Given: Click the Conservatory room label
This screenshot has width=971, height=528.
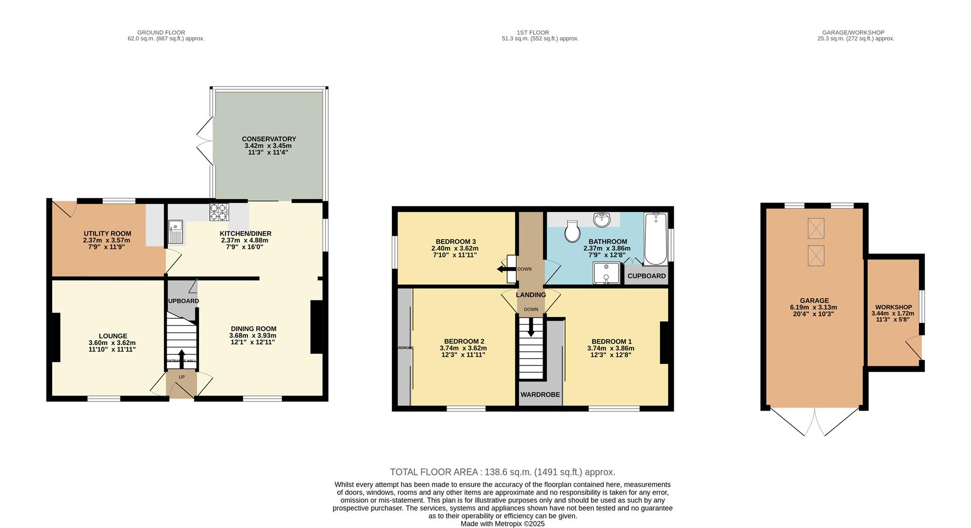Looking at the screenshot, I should pyautogui.click(x=269, y=139).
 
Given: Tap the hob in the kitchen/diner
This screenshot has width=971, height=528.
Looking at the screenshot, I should pyautogui.click(x=219, y=212).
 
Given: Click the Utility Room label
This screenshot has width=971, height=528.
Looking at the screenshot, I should pyautogui.click(x=107, y=234).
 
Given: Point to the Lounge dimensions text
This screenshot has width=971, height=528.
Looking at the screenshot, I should pyautogui.click(x=112, y=346).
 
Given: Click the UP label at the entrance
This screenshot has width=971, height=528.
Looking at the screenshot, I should pyautogui.click(x=182, y=377).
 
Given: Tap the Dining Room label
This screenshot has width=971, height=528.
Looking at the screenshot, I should pyautogui.click(x=253, y=328).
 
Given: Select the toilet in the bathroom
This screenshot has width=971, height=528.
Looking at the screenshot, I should pyautogui.click(x=573, y=231).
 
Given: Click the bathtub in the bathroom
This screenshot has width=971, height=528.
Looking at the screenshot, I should pyautogui.click(x=655, y=239).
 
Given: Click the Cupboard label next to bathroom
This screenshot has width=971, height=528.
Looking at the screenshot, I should pyautogui.click(x=646, y=276).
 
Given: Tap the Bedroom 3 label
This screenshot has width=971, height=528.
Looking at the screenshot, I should pyautogui.click(x=455, y=242).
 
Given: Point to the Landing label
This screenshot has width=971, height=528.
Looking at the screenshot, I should pyautogui.click(x=531, y=295).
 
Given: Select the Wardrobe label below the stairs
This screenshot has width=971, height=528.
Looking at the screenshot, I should pyautogui.click(x=540, y=394).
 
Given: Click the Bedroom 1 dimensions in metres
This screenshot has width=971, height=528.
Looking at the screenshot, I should pyautogui.click(x=610, y=348).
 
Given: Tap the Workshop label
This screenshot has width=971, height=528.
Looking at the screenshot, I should pyautogui.click(x=893, y=307).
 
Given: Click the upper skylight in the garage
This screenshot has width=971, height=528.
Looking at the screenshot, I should pyautogui.click(x=816, y=228).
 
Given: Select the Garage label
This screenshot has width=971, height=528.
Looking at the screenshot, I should pyautogui.click(x=814, y=300).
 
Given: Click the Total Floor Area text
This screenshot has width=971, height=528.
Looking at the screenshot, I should pyautogui.click(x=502, y=472).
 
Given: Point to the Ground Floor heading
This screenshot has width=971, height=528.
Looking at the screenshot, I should pyautogui.click(x=161, y=32).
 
